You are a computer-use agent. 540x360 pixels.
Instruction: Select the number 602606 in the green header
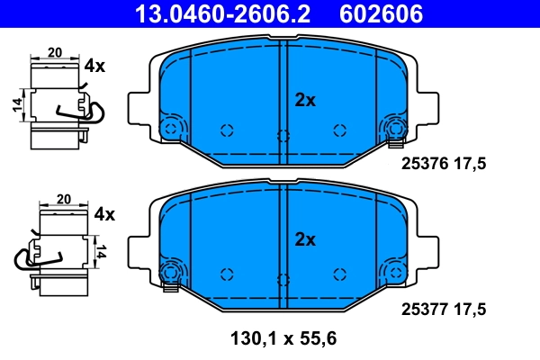(x=379, y=13)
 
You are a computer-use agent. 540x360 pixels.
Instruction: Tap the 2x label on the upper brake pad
(x=306, y=101)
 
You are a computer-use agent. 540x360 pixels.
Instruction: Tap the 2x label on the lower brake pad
(x=306, y=239)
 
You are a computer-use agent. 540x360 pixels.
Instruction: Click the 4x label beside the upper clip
(x=94, y=66)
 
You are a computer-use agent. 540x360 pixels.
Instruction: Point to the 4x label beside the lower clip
(x=104, y=214)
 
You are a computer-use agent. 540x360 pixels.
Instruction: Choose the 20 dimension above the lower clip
(x=63, y=199)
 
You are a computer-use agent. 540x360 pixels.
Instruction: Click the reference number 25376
(x=423, y=165)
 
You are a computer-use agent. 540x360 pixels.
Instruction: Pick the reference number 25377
(x=423, y=309)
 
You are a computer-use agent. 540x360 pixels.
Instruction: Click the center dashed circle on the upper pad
(x=283, y=137)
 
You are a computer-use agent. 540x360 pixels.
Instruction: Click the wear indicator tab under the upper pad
(x=394, y=141)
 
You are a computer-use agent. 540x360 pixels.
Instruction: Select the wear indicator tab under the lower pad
(x=167, y=287)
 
